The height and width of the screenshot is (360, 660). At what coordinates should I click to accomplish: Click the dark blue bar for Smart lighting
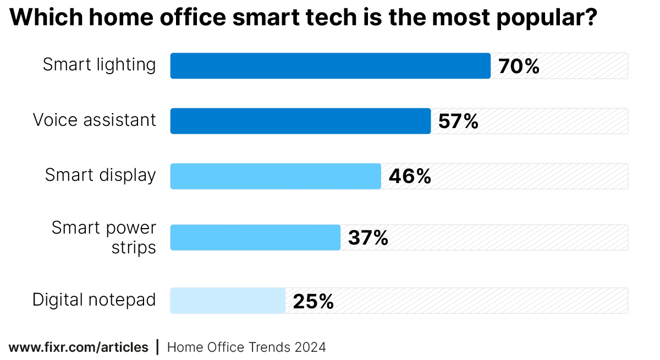[330, 66]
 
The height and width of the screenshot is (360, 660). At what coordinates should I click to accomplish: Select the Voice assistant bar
[300, 121]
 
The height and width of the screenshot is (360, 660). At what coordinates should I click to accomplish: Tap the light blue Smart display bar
[276, 176]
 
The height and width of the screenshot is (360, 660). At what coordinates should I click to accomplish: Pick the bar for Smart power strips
[255, 237]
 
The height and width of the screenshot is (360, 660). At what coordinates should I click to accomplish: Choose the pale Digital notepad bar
[228, 301]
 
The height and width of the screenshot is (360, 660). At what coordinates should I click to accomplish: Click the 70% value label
[519, 67]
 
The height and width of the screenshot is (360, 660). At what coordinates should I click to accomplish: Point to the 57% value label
[458, 121]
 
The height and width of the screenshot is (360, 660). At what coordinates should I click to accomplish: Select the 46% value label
[410, 176]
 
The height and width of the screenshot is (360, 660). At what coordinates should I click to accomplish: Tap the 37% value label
[368, 238]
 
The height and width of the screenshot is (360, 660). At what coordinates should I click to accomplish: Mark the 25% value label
[313, 301]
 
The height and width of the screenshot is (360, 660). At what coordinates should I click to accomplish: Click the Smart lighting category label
[100, 65]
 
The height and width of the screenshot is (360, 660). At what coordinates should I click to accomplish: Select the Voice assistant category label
[95, 120]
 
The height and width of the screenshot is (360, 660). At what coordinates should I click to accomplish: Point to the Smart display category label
[101, 175]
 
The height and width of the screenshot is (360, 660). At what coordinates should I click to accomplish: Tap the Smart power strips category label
[104, 237]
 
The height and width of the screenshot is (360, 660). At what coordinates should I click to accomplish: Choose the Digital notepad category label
[94, 300]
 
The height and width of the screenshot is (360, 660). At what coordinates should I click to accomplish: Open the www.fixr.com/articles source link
[79, 347]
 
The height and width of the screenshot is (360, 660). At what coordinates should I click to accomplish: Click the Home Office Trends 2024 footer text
[246, 347]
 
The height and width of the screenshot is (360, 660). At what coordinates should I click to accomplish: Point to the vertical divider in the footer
[158, 347]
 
